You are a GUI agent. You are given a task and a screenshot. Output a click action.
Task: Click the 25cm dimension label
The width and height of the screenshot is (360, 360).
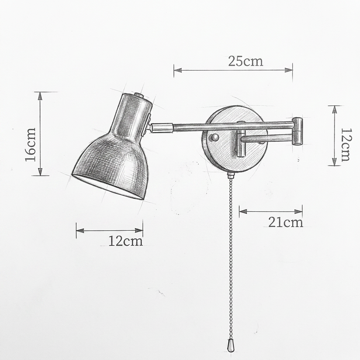245,61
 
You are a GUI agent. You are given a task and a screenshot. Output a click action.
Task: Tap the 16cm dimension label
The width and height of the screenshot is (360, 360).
31,144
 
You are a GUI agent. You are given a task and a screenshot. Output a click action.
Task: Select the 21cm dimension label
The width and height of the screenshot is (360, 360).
285,222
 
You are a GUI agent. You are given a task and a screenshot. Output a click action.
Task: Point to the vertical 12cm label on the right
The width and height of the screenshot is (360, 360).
346,144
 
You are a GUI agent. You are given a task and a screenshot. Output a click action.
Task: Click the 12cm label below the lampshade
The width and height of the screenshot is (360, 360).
126,241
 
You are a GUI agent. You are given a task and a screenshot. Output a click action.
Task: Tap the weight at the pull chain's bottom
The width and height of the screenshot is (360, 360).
230,345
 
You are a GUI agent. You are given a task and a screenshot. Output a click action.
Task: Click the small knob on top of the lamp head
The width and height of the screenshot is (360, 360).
139,95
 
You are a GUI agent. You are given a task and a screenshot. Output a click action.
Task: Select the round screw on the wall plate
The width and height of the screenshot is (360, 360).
215,137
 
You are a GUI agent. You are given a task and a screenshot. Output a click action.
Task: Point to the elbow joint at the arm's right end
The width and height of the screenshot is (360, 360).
298,131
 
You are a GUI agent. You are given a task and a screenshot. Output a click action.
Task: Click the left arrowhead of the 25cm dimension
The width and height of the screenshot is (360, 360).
178,70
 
